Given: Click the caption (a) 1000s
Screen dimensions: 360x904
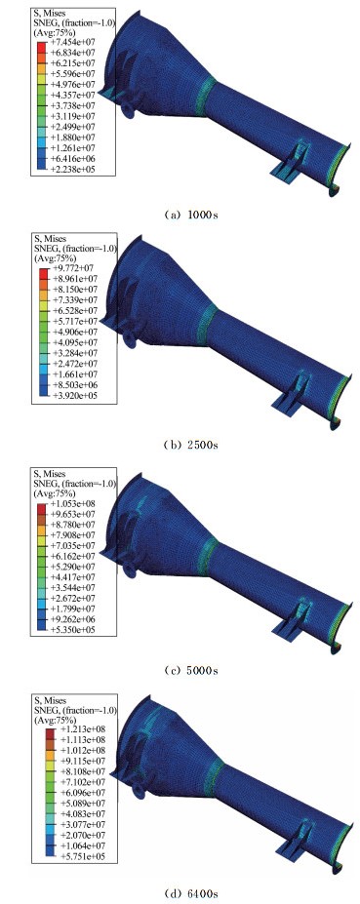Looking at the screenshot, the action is pos(190,215).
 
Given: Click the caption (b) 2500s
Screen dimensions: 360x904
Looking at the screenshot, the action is pos(190,445).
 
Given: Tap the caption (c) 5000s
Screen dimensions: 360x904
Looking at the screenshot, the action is pos(190,671).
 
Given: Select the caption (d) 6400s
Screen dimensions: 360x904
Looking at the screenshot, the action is pos(190,894).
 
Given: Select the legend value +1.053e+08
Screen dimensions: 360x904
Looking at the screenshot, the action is pos(69,503).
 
